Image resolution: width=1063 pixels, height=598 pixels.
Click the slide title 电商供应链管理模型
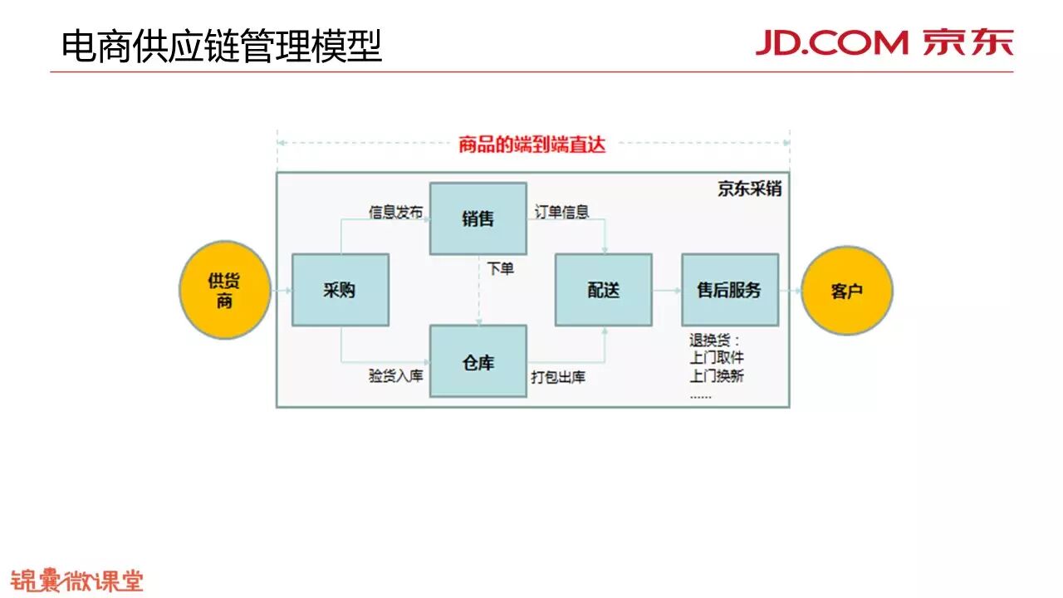(x=222, y=46)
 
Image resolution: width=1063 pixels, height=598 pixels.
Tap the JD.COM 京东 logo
(x=884, y=42)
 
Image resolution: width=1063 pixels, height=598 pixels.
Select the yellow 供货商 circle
(x=224, y=290)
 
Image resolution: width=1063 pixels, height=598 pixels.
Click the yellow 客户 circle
(x=846, y=291)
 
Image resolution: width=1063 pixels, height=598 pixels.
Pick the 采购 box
(x=340, y=290)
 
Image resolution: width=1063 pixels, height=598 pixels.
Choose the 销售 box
(x=478, y=218)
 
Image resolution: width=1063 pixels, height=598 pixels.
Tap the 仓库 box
(x=478, y=361)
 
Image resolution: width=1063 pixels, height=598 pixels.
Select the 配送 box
(x=603, y=290)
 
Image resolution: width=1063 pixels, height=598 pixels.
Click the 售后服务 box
(x=729, y=290)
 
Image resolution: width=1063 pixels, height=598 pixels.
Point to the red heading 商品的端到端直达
(x=532, y=145)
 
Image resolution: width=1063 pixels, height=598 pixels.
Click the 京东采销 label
(x=749, y=189)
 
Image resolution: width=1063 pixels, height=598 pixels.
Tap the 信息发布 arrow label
(x=395, y=213)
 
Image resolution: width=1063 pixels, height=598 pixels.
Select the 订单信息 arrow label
(x=561, y=213)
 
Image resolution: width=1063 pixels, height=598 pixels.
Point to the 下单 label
(x=501, y=268)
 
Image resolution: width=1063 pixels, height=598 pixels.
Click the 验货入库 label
(x=395, y=376)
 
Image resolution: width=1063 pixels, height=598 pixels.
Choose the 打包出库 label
(x=558, y=377)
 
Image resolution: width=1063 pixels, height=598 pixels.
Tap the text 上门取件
(x=716, y=358)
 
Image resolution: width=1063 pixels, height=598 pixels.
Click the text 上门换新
(x=716, y=375)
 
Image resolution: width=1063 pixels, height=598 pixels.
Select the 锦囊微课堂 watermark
(x=76, y=581)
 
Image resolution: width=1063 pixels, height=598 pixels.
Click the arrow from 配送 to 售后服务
(x=666, y=291)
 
